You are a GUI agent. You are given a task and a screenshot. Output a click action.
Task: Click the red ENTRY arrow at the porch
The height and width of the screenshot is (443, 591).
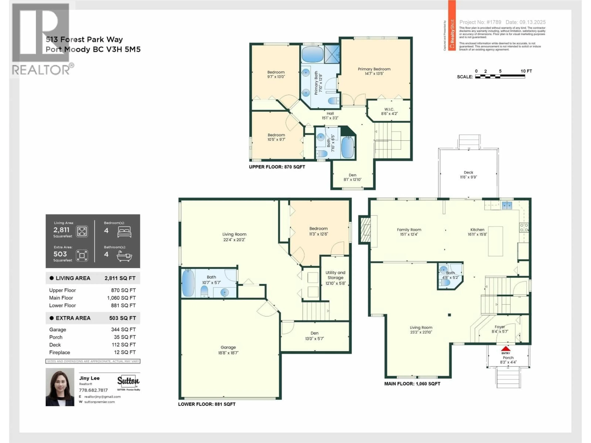(505, 349)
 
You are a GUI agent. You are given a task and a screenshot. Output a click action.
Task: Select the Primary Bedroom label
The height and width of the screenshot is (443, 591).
(374, 69)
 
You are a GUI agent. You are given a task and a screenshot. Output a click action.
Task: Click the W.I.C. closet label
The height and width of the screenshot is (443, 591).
(389, 109)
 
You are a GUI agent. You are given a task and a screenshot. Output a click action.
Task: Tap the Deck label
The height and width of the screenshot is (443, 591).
(468, 172)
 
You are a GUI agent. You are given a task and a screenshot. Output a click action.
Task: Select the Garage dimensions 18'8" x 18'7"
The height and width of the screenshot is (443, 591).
(228, 353)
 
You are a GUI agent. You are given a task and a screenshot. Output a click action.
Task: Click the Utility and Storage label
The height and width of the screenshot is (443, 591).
(335, 275)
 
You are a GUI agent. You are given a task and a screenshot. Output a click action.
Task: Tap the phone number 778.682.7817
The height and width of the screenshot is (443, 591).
(93, 390)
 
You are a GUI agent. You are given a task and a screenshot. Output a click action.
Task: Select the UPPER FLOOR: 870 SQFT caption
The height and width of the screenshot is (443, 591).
(277, 167)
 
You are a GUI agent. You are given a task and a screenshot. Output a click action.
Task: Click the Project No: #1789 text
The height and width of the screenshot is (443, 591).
(480, 22)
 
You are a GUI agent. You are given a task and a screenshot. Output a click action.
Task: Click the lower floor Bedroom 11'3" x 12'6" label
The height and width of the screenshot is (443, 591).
(318, 229)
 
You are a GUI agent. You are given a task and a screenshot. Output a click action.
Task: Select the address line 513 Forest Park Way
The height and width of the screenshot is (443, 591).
(84, 40)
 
